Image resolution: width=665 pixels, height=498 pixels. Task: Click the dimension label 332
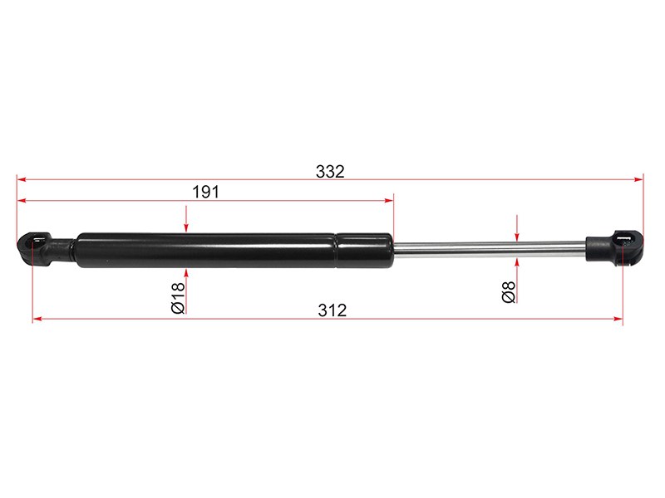330,172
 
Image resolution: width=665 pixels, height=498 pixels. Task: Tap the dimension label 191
205,193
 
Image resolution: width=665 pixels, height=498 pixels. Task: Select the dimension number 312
332,310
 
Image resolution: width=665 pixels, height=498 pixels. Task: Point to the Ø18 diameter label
179,298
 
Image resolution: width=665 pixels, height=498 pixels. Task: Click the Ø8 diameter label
509,292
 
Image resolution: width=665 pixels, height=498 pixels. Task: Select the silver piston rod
490,249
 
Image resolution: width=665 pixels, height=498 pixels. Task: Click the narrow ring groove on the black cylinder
337,251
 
